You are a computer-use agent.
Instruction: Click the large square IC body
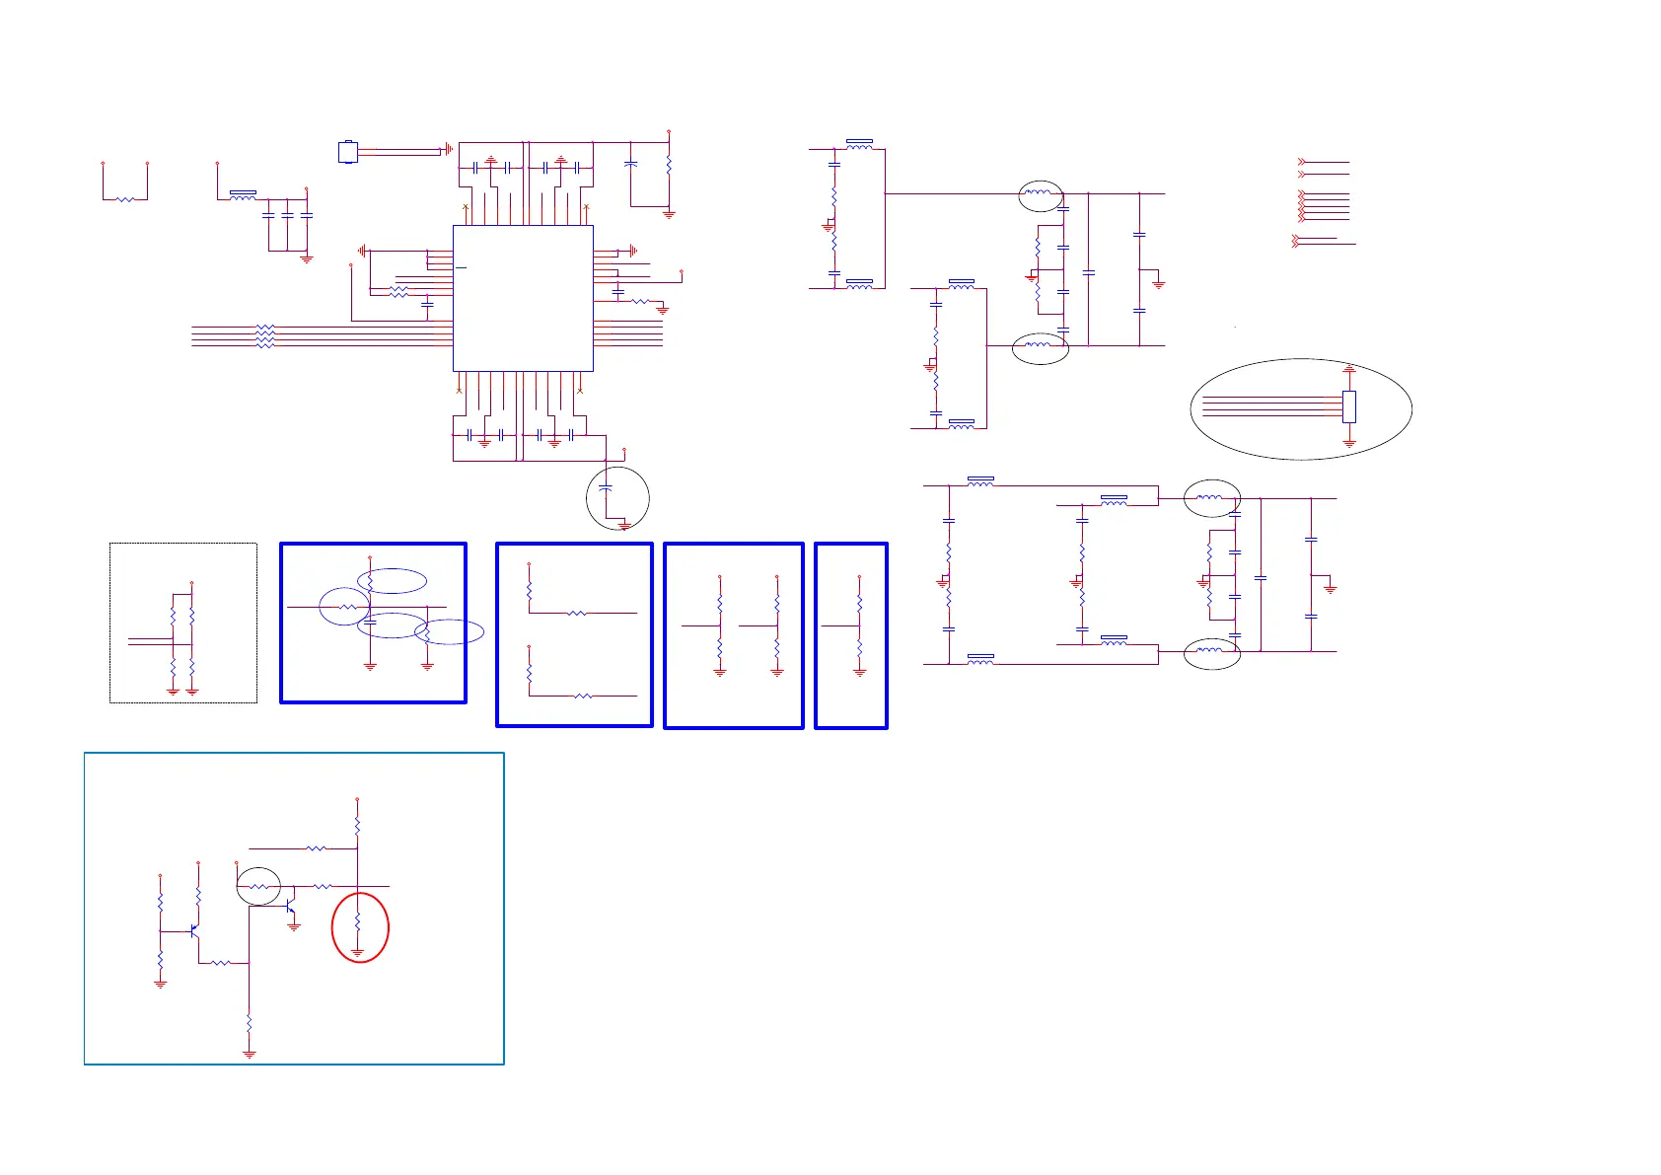[x=523, y=298]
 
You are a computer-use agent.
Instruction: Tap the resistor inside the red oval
[x=357, y=922]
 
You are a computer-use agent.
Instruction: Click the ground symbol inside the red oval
[x=357, y=952]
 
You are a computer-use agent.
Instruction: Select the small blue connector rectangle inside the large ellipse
[x=1349, y=405]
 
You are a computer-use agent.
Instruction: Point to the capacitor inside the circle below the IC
[x=606, y=488]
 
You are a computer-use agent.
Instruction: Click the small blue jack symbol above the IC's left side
[x=347, y=152]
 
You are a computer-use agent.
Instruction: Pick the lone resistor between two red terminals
[x=125, y=199]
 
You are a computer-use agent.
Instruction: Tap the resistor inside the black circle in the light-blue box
[x=258, y=887]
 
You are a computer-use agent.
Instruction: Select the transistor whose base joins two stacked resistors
[x=194, y=929]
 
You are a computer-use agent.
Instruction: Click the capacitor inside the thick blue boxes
[x=370, y=624]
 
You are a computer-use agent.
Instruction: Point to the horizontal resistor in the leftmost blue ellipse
[x=346, y=607]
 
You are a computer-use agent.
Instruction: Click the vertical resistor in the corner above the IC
[x=669, y=166]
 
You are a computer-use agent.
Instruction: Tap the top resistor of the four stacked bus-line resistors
[x=264, y=327]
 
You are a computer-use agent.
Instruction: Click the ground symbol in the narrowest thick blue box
[x=859, y=672]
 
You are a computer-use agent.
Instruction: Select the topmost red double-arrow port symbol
[x=1302, y=162]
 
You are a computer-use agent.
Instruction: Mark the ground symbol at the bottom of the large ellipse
[x=1349, y=444]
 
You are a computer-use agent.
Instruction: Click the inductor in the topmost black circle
[x=1039, y=193]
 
